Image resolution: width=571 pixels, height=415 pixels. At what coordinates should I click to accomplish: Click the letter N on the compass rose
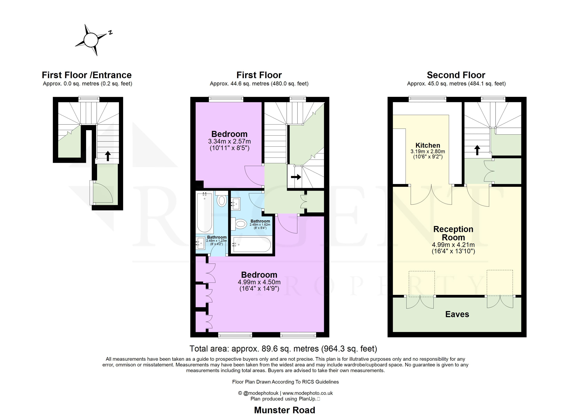[110, 32]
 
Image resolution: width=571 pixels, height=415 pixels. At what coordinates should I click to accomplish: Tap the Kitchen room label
[428, 145]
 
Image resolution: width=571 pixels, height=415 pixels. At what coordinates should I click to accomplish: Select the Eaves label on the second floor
[457, 314]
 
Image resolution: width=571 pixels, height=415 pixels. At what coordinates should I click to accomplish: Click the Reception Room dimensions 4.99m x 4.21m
[453, 245]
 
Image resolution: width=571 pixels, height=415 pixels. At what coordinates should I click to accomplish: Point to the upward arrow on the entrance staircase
[108, 156]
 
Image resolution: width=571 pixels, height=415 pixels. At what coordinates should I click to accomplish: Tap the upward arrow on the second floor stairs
[477, 150]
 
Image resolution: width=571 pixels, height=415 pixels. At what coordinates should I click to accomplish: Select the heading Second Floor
[456, 75]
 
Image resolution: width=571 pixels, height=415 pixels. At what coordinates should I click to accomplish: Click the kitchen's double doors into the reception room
[431, 195]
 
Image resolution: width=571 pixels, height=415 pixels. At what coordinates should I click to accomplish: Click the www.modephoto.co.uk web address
[307, 393]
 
